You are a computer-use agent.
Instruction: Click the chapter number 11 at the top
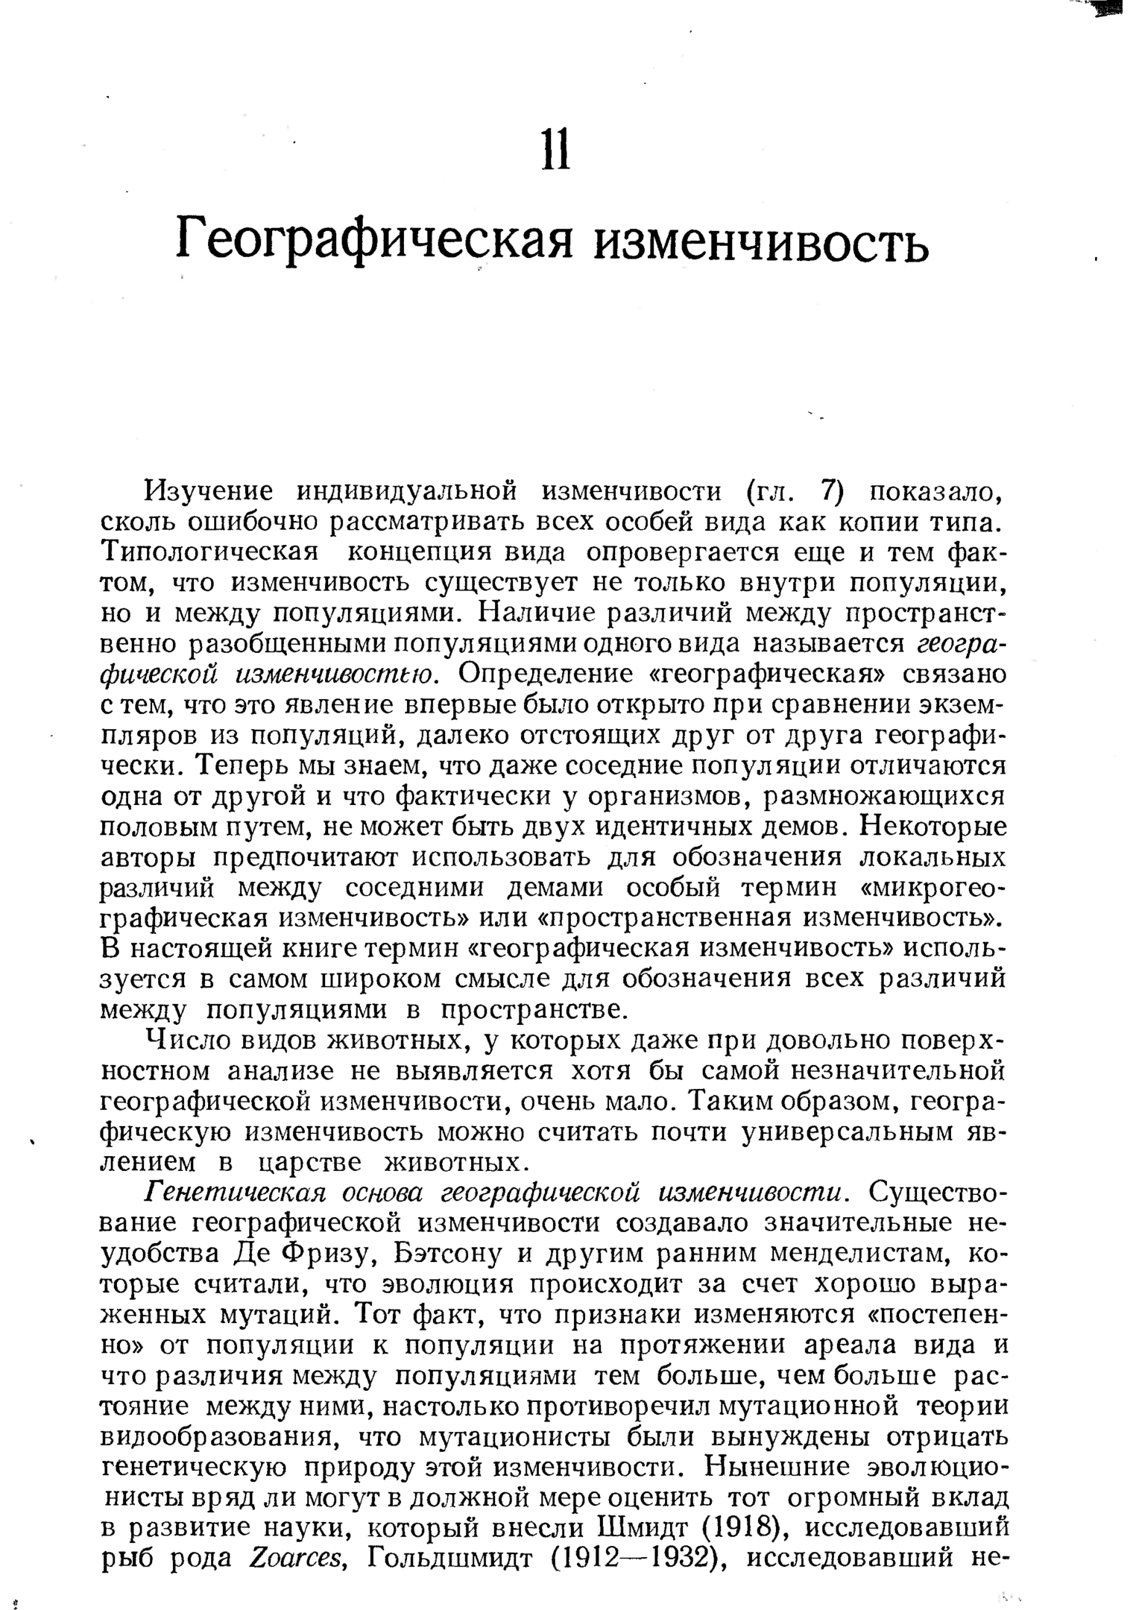point(555,148)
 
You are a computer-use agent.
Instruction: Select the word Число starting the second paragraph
point(183,1039)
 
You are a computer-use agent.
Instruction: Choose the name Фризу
point(326,1254)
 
